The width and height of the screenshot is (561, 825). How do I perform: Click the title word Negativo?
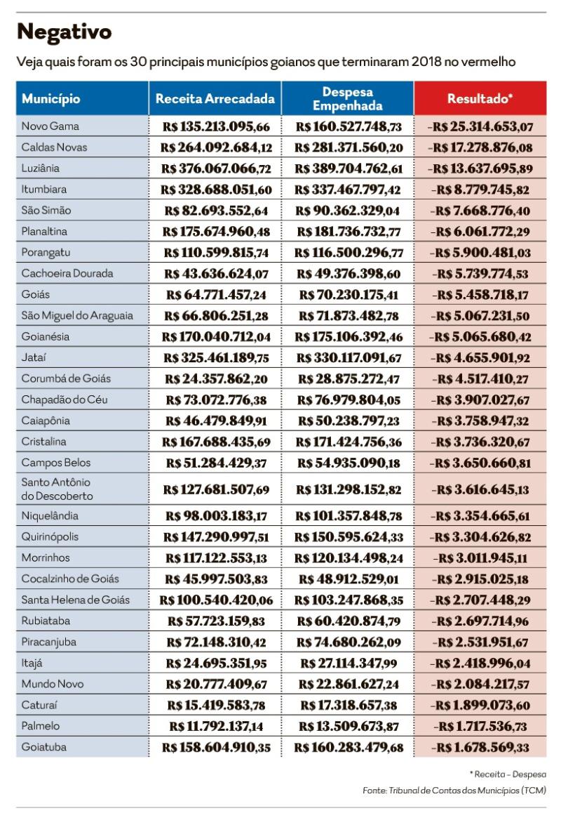pyautogui.click(x=64, y=32)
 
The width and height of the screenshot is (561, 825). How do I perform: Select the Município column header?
pyautogui.click(x=51, y=99)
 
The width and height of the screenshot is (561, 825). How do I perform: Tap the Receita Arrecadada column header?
pyautogui.click(x=215, y=99)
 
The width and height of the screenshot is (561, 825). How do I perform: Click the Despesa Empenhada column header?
pyautogui.click(x=347, y=99)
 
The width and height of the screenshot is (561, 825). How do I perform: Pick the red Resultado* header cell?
pyautogui.click(x=480, y=99)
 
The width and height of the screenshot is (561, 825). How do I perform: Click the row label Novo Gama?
pyautogui.click(x=50, y=126)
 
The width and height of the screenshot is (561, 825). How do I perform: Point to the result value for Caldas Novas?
pyautogui.click(x=482, y=147)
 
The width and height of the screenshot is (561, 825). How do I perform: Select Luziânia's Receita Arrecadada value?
pyautogui.click(x=216, y=169)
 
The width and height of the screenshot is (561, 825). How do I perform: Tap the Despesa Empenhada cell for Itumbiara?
pyautogui.click(x=348, y=190)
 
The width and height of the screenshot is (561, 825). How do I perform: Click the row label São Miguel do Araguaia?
pyautogui.click(x=77, y=315)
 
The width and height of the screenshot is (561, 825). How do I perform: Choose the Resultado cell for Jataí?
pyautogui.click(x=482, y=357)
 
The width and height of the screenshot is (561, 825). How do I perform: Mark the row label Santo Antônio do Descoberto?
pyautogui.click(x=57, y=489)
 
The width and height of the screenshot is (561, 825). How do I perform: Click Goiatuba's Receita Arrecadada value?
pyautogui.click(x=216, y=747)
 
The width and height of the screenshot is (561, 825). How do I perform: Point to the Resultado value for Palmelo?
pyautogui.click(x=482, y=726)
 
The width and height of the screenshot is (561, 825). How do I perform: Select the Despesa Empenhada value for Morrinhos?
pyautogui.click(x=348, y=557)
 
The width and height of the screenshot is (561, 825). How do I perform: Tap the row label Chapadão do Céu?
pyautogui.click(x=65, y=400)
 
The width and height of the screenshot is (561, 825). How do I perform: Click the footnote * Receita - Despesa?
pyautogui.click(x=508, y=774)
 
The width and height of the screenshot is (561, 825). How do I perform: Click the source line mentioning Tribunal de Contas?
pyautogui.click(x=454, y=791)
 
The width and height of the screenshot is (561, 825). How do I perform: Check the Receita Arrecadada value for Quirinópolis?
pyautogui.click(x=216, y=536)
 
